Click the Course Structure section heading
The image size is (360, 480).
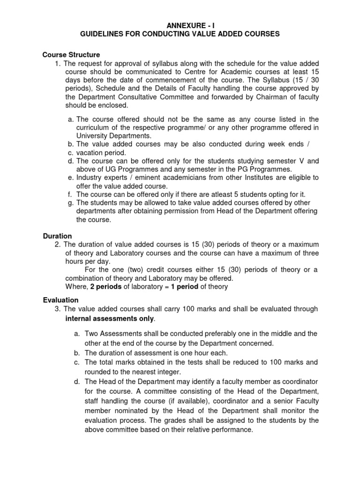pos(71,55)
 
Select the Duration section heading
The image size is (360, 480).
pos(58,236)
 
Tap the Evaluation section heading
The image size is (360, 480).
pos(61,300)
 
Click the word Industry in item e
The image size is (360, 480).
pos(89,178)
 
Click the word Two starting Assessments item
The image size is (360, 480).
pos(91,333)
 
